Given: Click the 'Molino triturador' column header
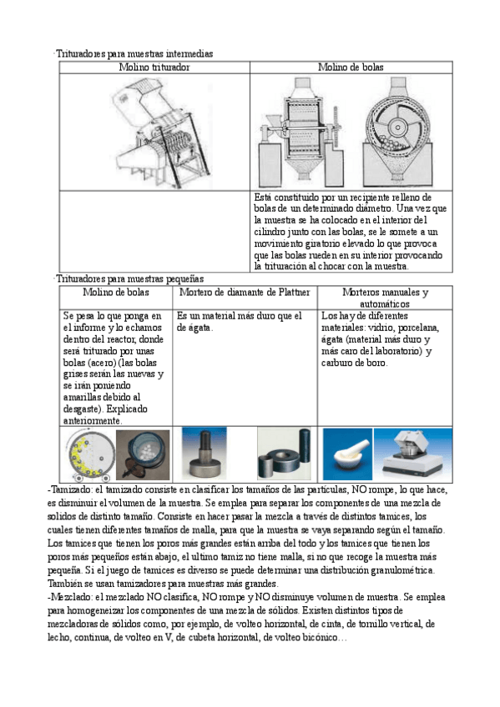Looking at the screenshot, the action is tap(154, 68).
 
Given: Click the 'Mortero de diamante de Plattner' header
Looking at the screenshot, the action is tap(245, 292).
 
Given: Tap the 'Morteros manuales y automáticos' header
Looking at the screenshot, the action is tap(385, 298).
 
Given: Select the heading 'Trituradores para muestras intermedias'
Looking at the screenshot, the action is tap(134, 53).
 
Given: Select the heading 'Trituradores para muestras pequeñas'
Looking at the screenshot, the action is tap(130, 278).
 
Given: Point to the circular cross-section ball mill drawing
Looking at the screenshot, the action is tap(397, 132).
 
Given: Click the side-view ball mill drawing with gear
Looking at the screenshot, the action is tap(302, 132).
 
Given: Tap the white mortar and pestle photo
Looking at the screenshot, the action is tap(347, 454).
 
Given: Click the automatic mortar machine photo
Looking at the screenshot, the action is tap(413, 454).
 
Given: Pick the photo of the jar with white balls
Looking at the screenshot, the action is tap(143, 454).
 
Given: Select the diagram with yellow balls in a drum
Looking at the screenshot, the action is tap(89, 454).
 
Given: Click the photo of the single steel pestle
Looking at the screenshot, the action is tap(205, 454).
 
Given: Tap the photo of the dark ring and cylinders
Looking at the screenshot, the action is tap(285, 454).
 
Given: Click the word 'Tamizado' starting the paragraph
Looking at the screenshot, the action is tap(71, 489).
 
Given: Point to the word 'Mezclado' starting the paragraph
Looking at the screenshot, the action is tap(71, 597).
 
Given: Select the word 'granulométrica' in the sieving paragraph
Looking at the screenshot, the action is tap(402, 570).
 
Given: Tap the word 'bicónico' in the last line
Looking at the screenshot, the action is tap(320, 638).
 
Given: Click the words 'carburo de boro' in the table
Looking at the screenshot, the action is tap(354, 363).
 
